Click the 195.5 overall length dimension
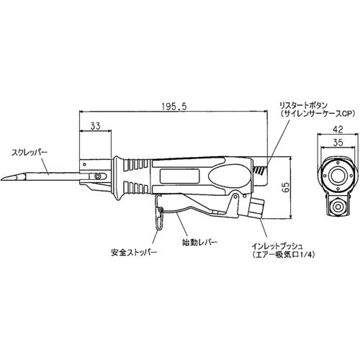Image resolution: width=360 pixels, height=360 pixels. pyautogui.click(x=174, y=107)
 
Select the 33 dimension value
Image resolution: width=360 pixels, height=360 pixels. pyautogui.click(x=95, y=126)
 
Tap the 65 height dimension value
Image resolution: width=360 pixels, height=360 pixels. pyautogui.click(x=286, y=187)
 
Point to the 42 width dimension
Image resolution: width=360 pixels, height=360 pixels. pyautogui.click(x=338, y=130)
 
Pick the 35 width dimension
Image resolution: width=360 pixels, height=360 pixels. pyautogui.click(x=338, y=143)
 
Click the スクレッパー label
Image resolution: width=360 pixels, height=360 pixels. pyautogui.click(x=30, y=152)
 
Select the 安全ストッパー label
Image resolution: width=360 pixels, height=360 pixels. pyautogui.click(x=134, y=252)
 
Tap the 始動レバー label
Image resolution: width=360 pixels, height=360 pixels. pyautogui.click(x=199, y=243)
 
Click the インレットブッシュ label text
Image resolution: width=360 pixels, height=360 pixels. pyautogui.click(x=276, y=246)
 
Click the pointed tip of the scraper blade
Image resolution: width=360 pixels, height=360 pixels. pyautogui.click(x=1, y=179)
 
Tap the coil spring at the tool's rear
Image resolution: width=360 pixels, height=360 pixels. pyautogui.click(x=259, y=171)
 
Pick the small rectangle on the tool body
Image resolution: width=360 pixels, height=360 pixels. pyautogui.click(x=179, y=176)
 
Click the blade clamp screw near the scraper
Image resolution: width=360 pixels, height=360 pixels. pyautogui.click(x=97, y=176)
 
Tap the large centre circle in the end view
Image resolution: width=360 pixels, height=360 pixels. pyautogui.click(x=338, y=177)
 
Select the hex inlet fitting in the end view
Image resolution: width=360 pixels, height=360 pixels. pyautogui.click(x=338, y=206)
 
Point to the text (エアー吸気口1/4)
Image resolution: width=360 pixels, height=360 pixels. pyautogui.click(x=284, y=255)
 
